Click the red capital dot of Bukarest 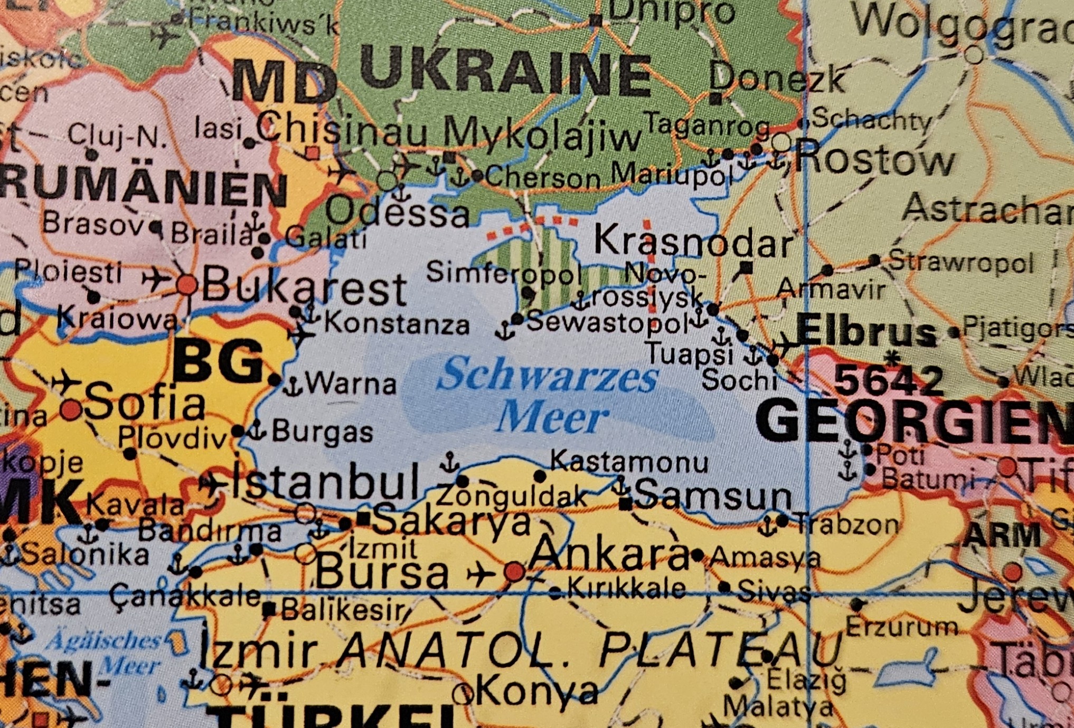click(x=186, y=285)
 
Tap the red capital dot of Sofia click(x=71, y=409)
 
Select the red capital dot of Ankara click(x=514, y=572)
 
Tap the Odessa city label click(x=397, y=212)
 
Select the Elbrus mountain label click(x=866, y=332)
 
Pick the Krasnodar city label click(x=693, y=242)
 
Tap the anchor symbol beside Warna click(x=292, y=387)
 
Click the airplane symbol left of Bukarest click(x=157, y=280)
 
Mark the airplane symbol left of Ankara click(x=482, y=574)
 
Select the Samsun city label click(x=713, y=496)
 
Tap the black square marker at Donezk click(x=715, y=98)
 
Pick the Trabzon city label click(x=847, y=524)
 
